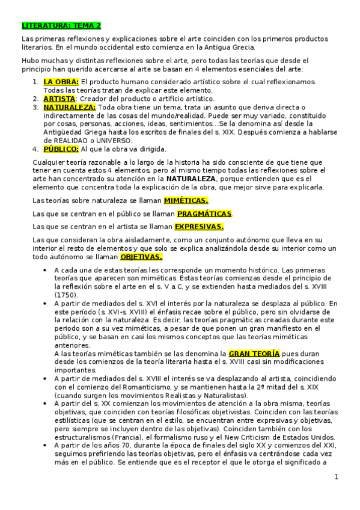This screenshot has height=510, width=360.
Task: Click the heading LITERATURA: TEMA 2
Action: point(61,26)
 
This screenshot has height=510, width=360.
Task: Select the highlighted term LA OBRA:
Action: point(61,81)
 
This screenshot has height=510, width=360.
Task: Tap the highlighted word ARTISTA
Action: point(59,98)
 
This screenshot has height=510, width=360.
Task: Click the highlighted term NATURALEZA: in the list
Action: point(70,106)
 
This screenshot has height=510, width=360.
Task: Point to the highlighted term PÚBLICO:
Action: point(61,149)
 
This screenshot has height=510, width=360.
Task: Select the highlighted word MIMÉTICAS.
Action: point(186,200)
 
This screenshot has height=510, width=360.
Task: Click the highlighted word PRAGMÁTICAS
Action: point(204,214)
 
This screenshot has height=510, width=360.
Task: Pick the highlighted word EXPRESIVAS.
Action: point(199,227)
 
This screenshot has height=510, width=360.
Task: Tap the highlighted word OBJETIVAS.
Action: point(141,256)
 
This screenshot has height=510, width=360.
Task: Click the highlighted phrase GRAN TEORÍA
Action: point(254,354)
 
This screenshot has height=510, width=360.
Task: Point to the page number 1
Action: point(337,477)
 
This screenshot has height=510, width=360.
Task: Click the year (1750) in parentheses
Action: point(66,295)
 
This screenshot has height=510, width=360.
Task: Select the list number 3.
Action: point(35,106)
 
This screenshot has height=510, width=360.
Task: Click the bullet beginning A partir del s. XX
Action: point(47,403)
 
